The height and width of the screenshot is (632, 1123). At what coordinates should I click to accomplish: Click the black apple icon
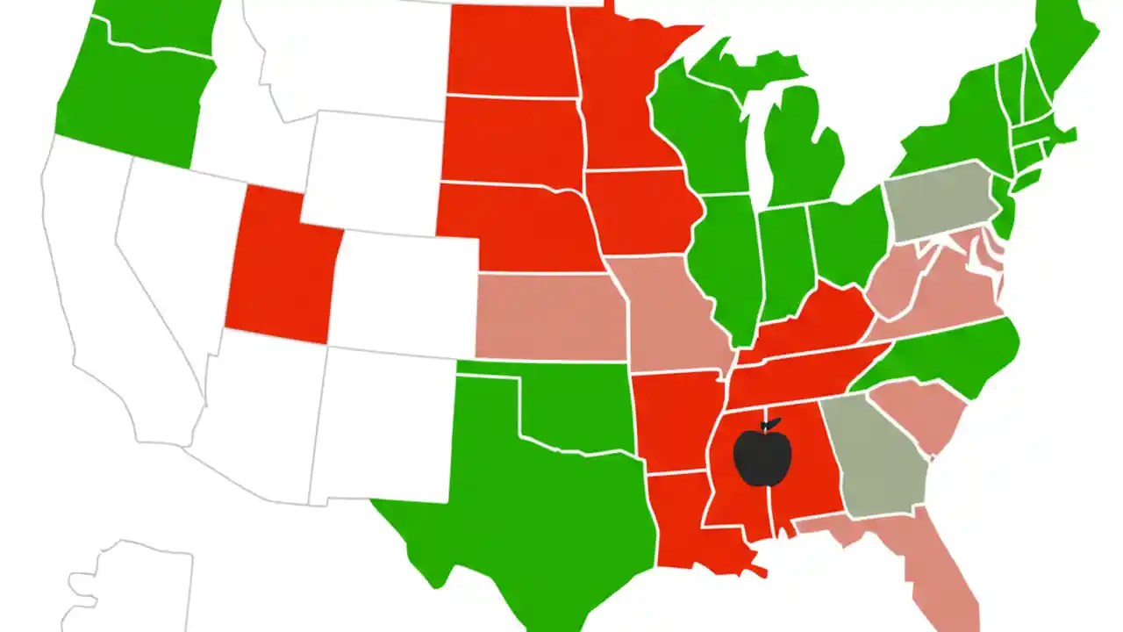click(x=762, y=457)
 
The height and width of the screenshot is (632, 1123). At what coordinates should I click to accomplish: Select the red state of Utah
click(x=279, y=268)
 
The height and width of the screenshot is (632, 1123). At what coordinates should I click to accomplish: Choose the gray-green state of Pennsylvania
click(x=939, y=200)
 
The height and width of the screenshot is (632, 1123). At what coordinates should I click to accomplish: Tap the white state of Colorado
click(x=404, y=290)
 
